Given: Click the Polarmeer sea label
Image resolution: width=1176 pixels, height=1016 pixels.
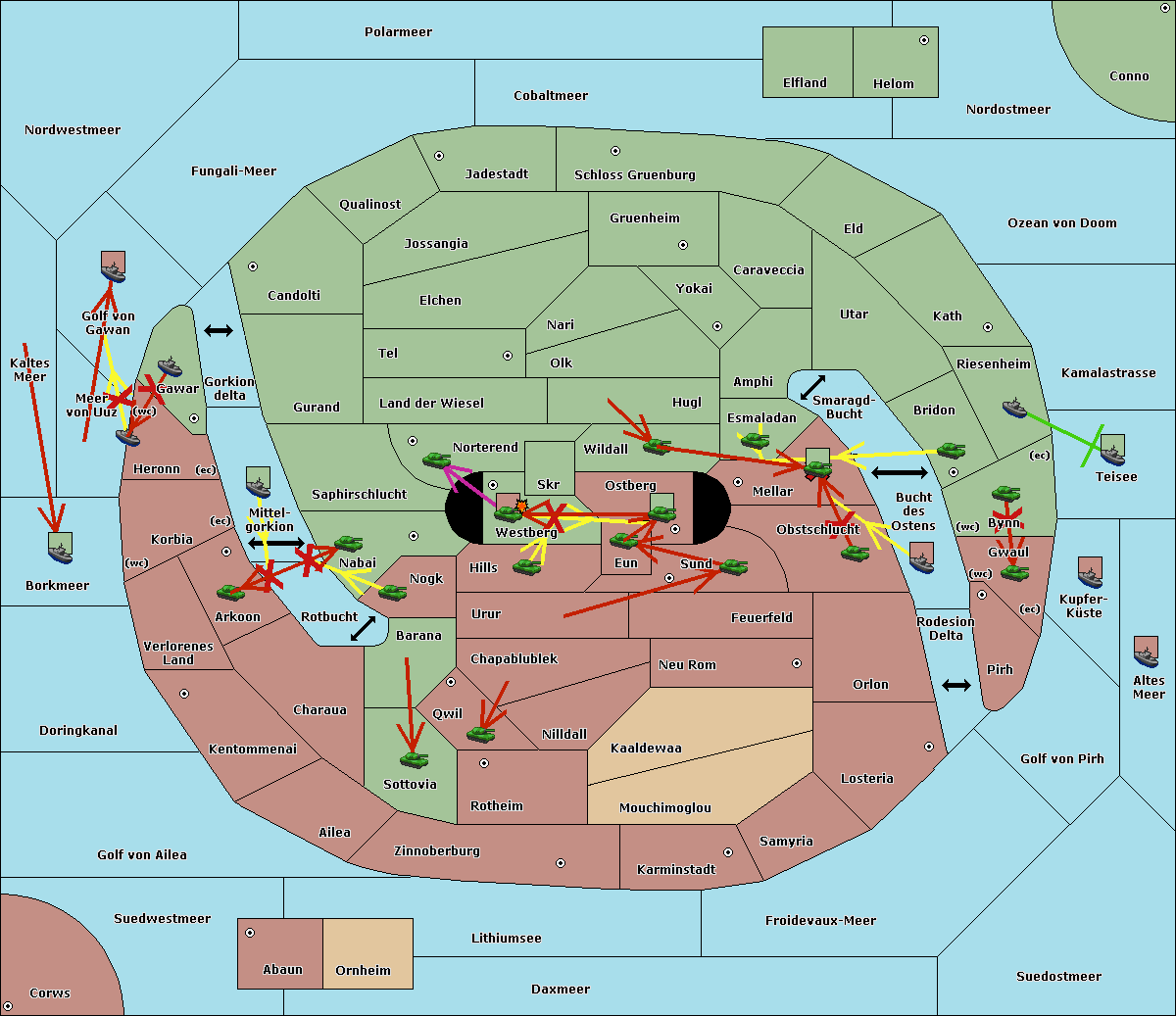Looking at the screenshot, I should pos(398,32).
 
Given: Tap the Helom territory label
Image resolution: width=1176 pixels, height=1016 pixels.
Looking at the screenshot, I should pos(893,84).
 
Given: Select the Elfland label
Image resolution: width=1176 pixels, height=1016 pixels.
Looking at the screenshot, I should pos(805,83).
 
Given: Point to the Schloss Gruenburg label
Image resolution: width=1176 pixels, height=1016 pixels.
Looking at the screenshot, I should pos(634,175).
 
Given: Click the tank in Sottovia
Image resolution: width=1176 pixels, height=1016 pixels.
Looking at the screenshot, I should pos(414,759).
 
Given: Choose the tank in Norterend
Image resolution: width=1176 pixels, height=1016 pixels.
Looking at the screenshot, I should pos(437,460).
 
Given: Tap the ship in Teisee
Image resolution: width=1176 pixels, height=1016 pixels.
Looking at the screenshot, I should pos(1112,451).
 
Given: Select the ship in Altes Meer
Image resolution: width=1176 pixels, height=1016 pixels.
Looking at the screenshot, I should pos(1146,652).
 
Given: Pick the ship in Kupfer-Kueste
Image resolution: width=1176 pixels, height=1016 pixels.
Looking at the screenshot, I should pos(1090,573).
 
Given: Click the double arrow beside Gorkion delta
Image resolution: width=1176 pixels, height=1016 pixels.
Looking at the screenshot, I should pos(219,331).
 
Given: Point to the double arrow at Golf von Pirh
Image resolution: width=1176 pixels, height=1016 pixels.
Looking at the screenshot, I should pos(956,685).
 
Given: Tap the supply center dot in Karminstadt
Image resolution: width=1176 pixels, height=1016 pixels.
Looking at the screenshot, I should pos(727,852).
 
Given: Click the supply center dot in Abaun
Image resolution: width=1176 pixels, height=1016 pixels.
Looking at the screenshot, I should pos(250,933).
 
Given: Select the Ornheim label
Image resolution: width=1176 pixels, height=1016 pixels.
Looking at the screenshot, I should pos(363,971).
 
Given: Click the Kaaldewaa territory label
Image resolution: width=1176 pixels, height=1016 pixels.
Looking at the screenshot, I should pos(646,749).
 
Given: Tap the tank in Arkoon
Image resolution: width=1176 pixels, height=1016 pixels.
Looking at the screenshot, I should pos(231,592).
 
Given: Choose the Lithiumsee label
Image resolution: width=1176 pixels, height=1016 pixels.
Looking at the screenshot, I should pos(506,939).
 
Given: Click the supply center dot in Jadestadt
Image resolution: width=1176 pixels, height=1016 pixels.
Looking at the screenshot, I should pos(439,156).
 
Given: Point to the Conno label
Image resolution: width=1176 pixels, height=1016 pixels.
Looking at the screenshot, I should pos(1129,76).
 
